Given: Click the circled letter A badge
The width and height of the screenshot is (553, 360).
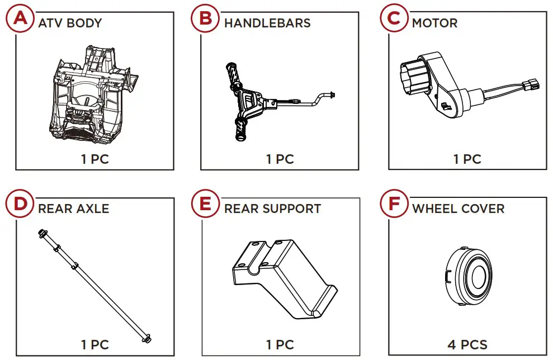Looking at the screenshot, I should coord(20,18).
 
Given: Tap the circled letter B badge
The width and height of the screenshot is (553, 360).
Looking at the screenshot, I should coord(206,18).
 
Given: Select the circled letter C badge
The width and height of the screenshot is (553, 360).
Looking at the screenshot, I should coord(394,18).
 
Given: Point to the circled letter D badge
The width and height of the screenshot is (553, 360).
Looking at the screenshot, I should coord(20,203).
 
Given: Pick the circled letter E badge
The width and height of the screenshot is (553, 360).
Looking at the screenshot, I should coord(206,203).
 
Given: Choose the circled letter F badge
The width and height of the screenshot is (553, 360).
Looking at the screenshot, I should coord(394,203).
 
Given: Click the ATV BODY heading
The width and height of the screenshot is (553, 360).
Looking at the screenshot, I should coord(70,23).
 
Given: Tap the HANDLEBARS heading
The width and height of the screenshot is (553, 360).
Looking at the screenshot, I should coord(267,23).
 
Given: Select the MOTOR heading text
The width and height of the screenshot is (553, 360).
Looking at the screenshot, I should coord(434,23).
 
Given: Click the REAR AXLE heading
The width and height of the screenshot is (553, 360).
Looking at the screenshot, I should coord(73,209).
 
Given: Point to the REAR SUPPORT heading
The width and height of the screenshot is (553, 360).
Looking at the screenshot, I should coord(272,209).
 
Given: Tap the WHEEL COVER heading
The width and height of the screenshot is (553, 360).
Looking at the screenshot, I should coord(458,209).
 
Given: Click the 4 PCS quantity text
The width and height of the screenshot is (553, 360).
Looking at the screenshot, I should coord(467,344).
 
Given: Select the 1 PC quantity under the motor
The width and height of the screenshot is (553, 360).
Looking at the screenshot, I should coord(467,159).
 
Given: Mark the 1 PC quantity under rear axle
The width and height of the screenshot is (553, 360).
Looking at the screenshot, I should coord(95,344).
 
